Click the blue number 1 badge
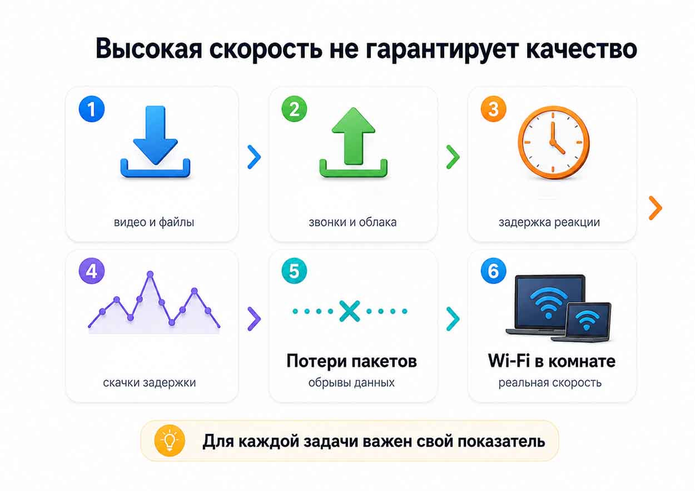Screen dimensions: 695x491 pyautogui.click(x=92, y=109)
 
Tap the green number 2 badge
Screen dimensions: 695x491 pyautogui.click(x=294, y=109)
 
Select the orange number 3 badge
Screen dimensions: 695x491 pyautogui.click(x=493, y=109)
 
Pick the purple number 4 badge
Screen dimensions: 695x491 pyautogui.click(x=92, y=271)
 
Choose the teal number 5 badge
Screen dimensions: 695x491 pyautogui.click(x=294, y=271)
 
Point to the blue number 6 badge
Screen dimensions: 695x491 pyautogui.click(x=493, y=271)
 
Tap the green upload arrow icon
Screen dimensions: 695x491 pyautogui.click(x=354, y=143)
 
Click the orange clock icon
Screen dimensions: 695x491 pyautogui.click(x=554, y=143)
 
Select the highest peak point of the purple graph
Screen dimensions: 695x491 pyautogui.click(x=150, y=274)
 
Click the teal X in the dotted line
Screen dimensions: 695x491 pyautogui.click(x=350, y=311)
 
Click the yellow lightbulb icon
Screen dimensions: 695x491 pyautogui.click(x=170, y=441)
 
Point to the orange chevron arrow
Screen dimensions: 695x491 pyautogui.click(x=656, y=208)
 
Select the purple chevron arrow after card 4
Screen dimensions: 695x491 pyautogui.click(x=254, y=319)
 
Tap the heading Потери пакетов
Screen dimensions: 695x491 pyautogui.click(x=351, y=361)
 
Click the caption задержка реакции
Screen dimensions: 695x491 pyautogui.click(x=549, y=222)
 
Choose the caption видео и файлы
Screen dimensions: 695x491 pyautogui.click(x=154, y=222)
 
